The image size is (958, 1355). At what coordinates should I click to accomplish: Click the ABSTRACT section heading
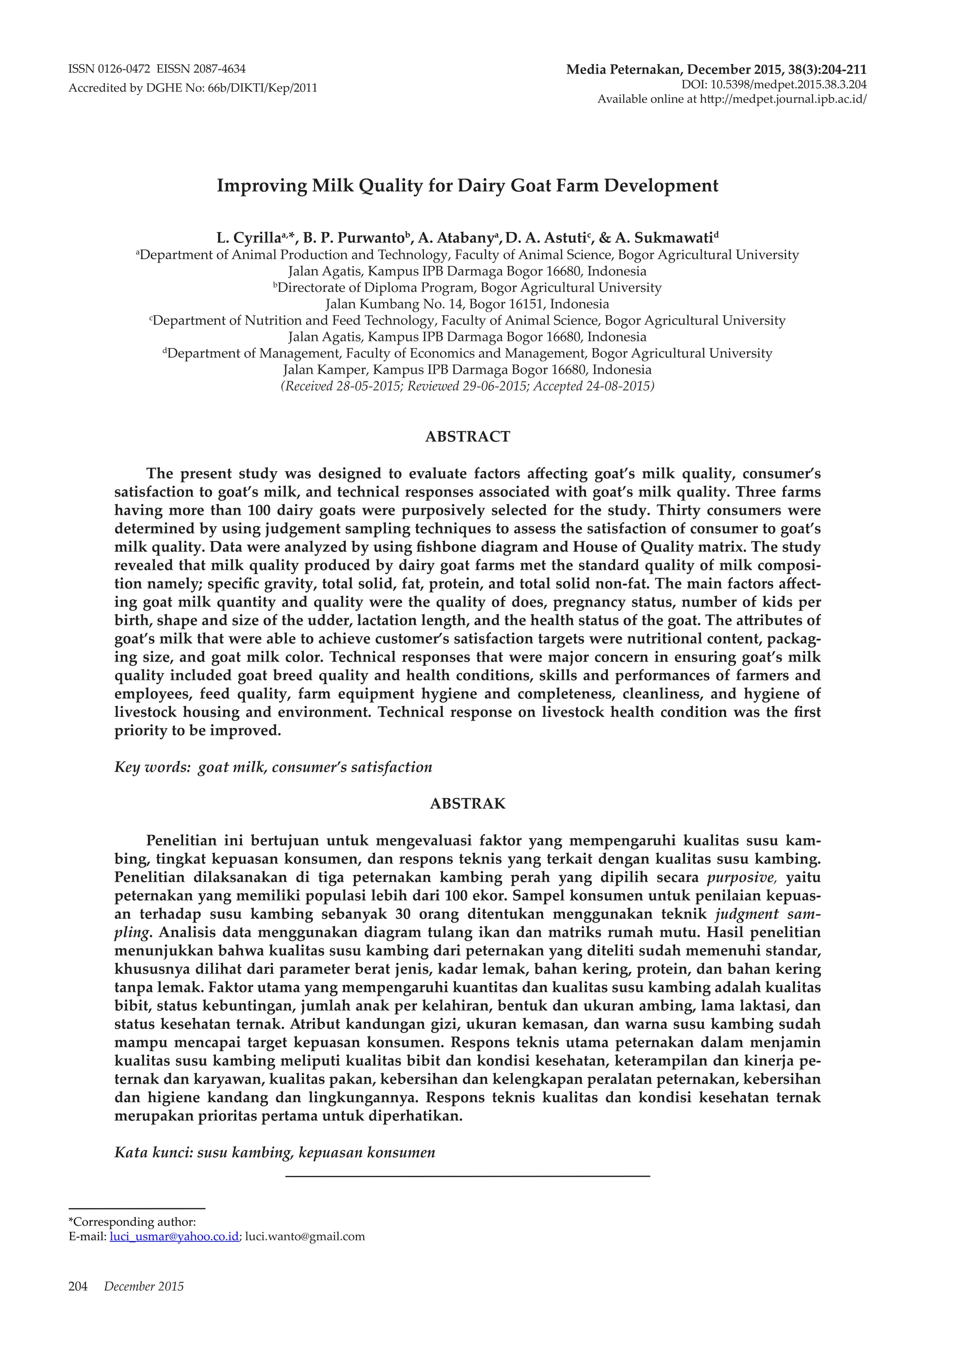(x=467, y=437)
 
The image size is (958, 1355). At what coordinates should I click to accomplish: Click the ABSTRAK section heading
(x=467, y=804)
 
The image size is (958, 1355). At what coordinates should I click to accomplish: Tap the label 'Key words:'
(x=152, y=767)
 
